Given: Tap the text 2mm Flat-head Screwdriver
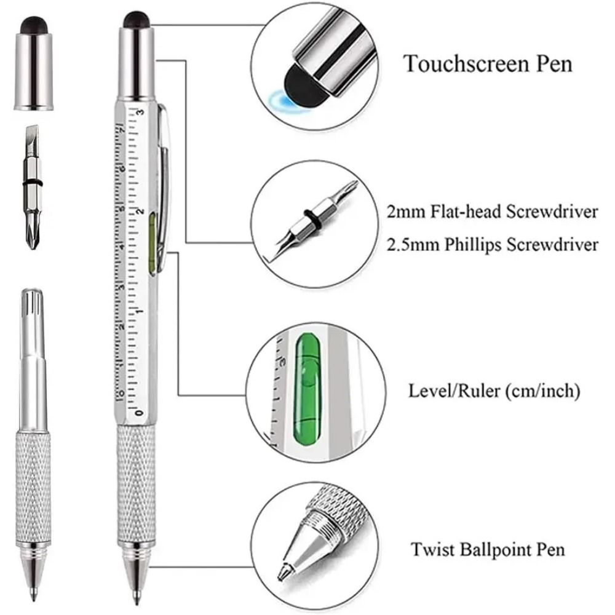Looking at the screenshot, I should (492, 212).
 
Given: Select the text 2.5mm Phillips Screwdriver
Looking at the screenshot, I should (492, 245).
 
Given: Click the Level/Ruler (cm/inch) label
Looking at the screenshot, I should (494, 391).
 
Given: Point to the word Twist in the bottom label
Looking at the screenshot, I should (429, 547).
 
